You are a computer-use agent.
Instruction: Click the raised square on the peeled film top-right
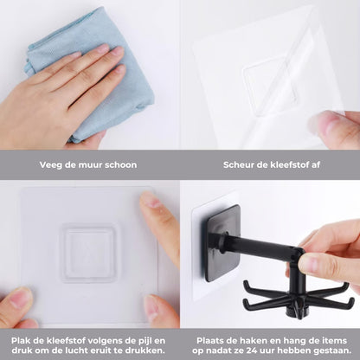pos(270,87)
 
